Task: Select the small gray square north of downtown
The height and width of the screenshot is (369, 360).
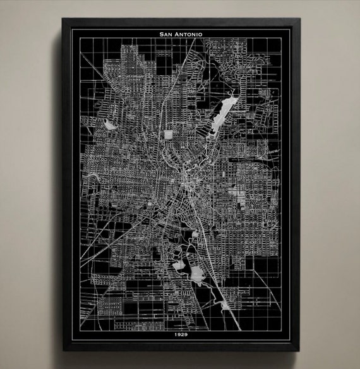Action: (168, 135)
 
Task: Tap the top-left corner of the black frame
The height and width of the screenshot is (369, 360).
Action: (63, 19)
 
